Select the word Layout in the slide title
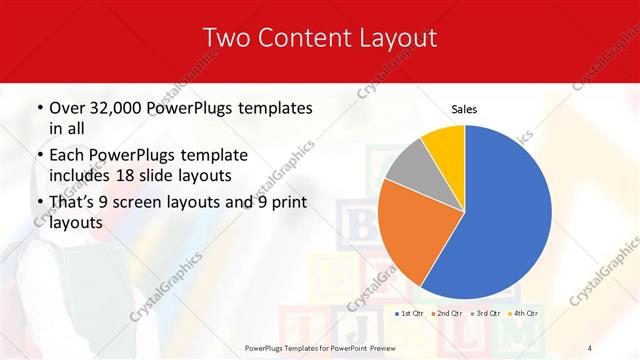[398, 38]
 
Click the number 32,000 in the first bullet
[125, 108]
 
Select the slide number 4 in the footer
[589, 346]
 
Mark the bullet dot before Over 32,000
[38, 108]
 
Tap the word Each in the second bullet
[67, 156]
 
